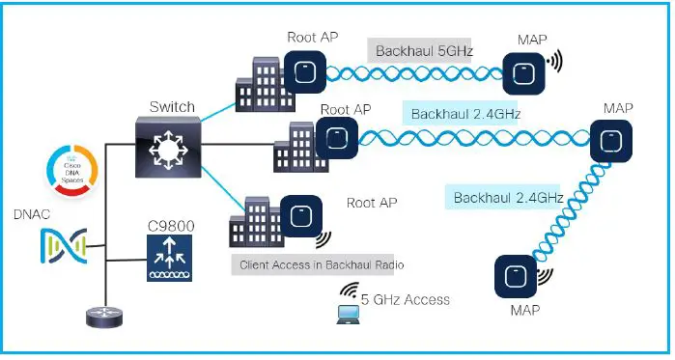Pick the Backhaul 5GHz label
click(419, 49)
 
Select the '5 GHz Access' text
click(405, 299)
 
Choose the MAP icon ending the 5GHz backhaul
click(526, 70)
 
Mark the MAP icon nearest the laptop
click(516, 278)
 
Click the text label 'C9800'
click(169, 225)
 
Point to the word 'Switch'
click(172, 106)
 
